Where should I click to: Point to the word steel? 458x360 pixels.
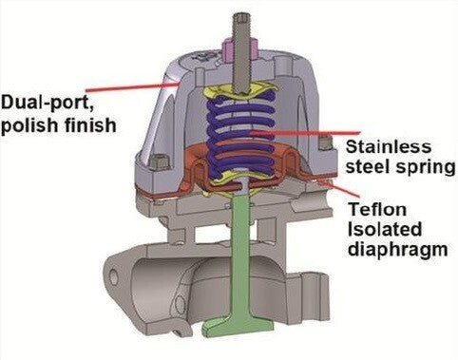pyautogui.click(x=366, y=167)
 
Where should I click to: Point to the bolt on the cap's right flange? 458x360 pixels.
pyautogui.click(x=326, y=145)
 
